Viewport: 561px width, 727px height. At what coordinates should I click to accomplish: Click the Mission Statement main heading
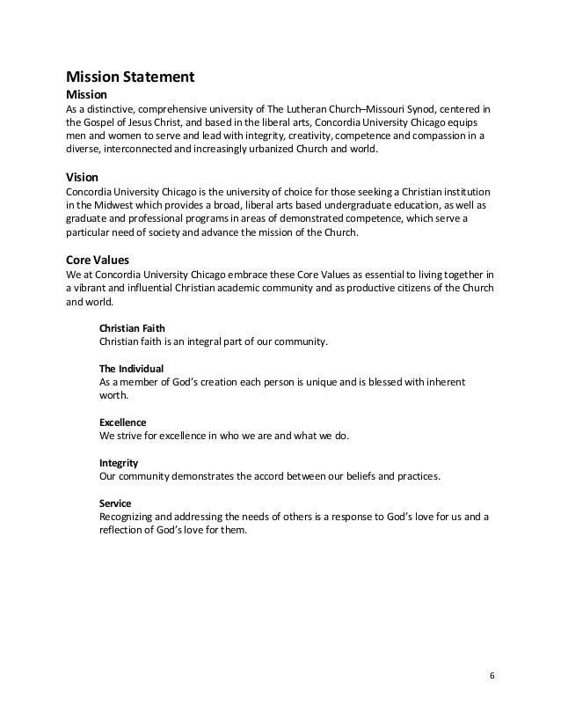point(130,77)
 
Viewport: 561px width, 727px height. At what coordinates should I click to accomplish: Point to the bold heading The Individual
point(132,368)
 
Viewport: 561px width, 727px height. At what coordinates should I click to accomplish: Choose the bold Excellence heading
point(123,422)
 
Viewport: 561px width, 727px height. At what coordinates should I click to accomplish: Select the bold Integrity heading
point(119,463)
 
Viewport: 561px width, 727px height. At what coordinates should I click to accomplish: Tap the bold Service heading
point(116,503)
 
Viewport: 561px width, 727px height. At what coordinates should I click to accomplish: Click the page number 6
point(491,675)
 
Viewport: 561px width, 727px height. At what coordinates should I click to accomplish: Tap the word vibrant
point(91,288)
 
